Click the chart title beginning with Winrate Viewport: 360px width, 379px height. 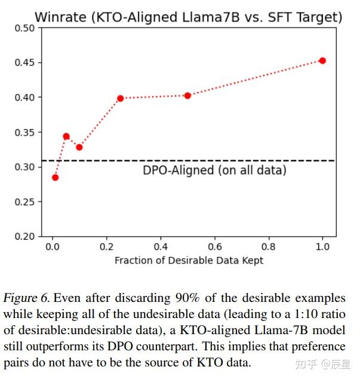click(188, 17)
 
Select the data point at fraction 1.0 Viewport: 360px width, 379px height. click(322, 60)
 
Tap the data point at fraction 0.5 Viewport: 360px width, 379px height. click(187, 95)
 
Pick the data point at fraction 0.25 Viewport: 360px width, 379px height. click(120, 98)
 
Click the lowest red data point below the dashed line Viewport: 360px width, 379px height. click(55, 178)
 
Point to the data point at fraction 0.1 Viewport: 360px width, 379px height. click(79, 147)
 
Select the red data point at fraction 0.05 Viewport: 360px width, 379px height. click(66, 136)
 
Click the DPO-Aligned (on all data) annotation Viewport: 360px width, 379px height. click(214, 170)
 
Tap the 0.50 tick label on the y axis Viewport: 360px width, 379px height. click(24, 28)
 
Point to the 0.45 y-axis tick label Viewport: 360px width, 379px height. click(24, 63)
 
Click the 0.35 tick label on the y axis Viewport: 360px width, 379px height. click(24, 132)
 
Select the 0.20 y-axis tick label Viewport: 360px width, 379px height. click(24, 236)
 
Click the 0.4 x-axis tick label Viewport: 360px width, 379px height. click(161, 246)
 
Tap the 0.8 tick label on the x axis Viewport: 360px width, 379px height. click(269, 246)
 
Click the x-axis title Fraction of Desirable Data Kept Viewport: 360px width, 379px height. click(189, 260)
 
